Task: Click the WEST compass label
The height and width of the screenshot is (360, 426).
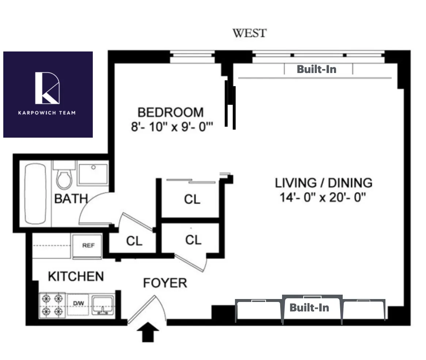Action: pyautogui.click(x=250, y=33)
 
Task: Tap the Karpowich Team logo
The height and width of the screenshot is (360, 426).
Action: pyautogui.click(x=48, y=94)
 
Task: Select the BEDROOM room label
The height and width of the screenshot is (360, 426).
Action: pyautogui.click(x=170, y=112)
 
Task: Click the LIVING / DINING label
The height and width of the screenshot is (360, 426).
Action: pyautogui.click(x=323, y=183)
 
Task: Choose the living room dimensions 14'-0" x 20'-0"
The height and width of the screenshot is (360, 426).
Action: pyautogui.click(x=323, y=198)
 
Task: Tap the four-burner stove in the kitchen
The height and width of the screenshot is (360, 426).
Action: pyautogui.click(x=52, y=305)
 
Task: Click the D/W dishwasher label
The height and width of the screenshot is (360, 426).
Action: pyautogui.click(x=78, y=303)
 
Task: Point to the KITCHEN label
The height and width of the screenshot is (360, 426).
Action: pyautogui.click(x=76, y=276)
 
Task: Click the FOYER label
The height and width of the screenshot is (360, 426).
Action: pyautogui.click(x=165, y=283)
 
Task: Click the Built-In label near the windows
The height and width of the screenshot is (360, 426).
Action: pyautogui.click(x=316, y=69)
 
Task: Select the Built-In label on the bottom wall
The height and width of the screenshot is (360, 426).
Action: pyautogui.click(x=309, y=307)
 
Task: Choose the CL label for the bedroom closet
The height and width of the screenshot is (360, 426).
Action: pyautogui.click(x=192, y=199)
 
